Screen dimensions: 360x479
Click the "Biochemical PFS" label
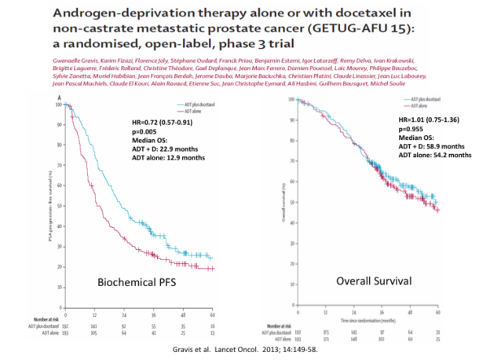click(141, 281)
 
